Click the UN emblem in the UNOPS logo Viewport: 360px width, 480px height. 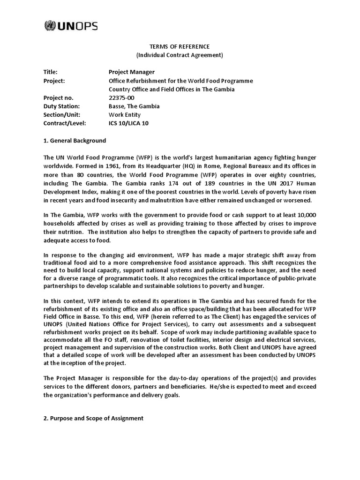(49, 26)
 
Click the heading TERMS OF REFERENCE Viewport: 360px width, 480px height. (180, 47)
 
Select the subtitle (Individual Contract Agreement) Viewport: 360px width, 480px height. (180, 55)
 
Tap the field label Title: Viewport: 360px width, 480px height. (50, 72)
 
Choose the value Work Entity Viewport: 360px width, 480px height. (124, 114)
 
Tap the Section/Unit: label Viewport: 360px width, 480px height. (61, 114)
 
